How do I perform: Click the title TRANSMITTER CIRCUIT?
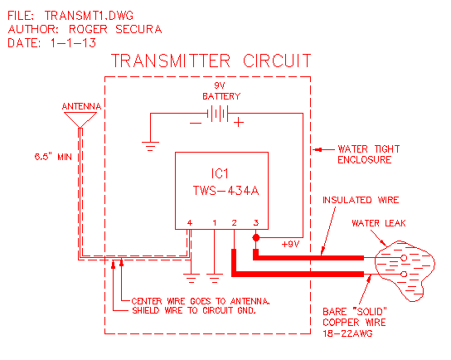(211, 61)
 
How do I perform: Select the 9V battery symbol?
(218, 114)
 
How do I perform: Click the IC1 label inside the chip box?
(220, 173)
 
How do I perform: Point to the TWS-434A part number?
(225, 191)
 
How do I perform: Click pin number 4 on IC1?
(190, 223)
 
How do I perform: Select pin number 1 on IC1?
(214, 223)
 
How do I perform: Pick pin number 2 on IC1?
(234, 223)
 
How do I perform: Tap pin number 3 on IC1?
(256, 223)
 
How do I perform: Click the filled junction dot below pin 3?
(256, 238)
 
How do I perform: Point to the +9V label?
(290, 245)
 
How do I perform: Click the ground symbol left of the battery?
(150, 146)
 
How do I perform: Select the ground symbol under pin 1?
(214, 278)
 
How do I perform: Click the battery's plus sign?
(239, 123)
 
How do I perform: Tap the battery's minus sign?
(196, 124)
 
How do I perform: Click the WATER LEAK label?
(379, 223)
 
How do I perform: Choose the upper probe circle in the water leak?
(404, 257)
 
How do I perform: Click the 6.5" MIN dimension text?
(53, 157)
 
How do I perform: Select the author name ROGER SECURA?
(115, 29)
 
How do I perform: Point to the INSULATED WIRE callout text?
(361, 200)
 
